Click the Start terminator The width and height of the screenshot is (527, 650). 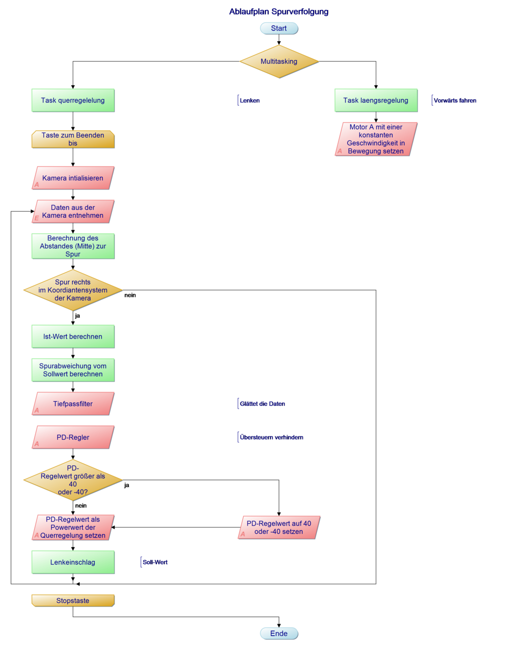coord(279,28)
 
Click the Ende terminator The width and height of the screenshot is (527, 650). coord(279,633)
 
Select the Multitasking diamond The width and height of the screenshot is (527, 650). coord(279,62)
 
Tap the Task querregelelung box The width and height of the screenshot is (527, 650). coord(73,100)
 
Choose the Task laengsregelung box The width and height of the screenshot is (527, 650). coord(375,100)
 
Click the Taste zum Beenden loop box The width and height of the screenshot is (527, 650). coord(73,139)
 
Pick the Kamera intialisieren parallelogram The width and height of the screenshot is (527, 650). coord(73,178)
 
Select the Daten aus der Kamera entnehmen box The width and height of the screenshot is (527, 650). coord(73,212)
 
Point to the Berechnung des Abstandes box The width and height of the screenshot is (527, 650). coord(73,246)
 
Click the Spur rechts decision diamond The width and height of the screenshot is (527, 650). coord(73,290)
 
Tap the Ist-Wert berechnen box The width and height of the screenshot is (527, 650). coord(73,337)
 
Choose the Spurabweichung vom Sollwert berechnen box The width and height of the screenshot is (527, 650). coord(73,370)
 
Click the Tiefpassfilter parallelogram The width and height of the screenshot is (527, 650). coord(73,404)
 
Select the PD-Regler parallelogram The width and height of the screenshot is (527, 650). coord(73,437)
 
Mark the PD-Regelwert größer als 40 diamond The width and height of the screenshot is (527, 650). coord(73,480)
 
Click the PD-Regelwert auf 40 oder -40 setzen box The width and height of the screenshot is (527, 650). coord(279,528)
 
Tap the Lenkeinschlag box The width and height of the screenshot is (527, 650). coord(73,562)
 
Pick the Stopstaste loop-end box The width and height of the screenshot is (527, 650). coord(73,601)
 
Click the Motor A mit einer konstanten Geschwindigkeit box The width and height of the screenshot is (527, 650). coord(375,139)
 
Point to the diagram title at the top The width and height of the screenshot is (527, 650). coord(279,12)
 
